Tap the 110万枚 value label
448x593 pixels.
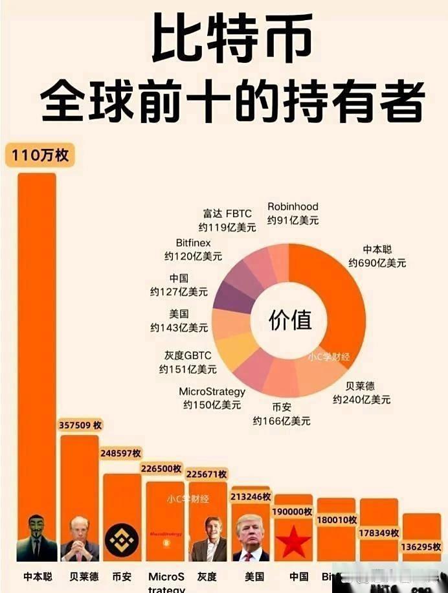point(40,156)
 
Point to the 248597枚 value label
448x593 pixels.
point(121,453)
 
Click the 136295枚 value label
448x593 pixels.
point(421,547)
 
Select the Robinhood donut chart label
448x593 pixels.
point(293,207)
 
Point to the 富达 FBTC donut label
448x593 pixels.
point(227,214)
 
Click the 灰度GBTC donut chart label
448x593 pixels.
point(188,355)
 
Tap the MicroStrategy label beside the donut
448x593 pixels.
point(212,392)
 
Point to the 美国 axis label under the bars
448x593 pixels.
point(254,576)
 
